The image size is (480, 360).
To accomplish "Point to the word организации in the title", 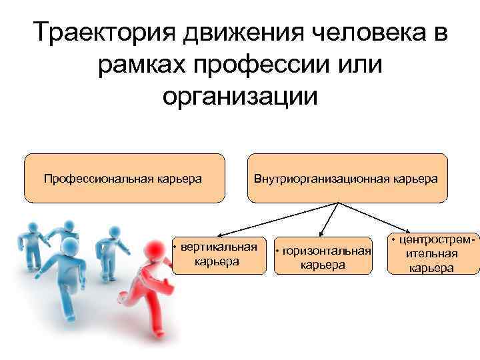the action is tap(240, 95).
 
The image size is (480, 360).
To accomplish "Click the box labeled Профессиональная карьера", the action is tap(124, 178).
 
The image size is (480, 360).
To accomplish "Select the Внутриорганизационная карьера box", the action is tap(346, 178).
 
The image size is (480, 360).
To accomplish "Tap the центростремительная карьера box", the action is tap(433, 254).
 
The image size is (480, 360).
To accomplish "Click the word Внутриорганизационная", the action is tap(319, 178).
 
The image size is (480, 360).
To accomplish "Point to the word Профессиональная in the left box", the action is tap(99, 178).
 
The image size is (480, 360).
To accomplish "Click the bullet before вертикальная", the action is tap(175, 248).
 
